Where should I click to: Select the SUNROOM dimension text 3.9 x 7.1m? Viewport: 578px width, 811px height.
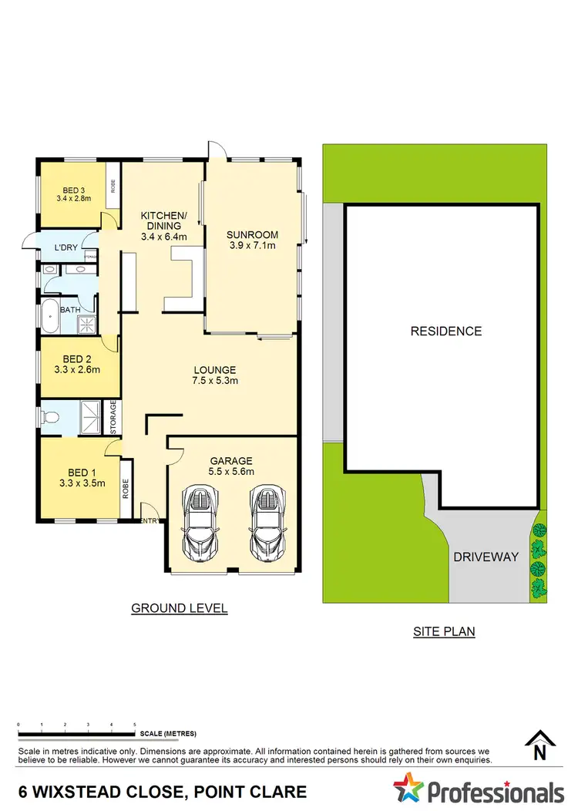coord(252,246)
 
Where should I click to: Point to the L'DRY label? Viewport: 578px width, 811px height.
coord(65,248)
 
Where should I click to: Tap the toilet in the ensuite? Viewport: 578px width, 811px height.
coord(51,419)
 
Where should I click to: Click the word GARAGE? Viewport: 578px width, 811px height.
coord(231,459)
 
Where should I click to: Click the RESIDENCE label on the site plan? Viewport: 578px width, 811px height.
coord(445,331)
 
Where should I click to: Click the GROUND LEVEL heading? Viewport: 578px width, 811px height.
coord(179,608)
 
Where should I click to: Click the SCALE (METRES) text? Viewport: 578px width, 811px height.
coord(168,733)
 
